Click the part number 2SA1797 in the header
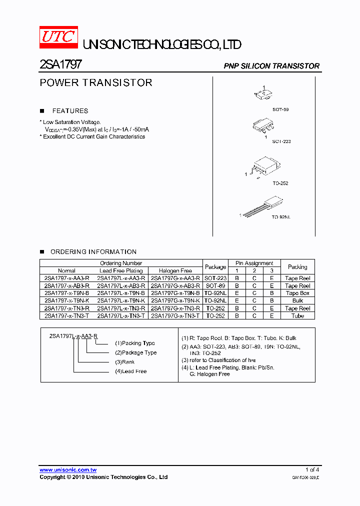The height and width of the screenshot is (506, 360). [x=60, y=64]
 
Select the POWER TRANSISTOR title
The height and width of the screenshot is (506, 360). [x=96, y=82]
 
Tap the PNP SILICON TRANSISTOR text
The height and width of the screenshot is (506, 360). [x=271, y=66]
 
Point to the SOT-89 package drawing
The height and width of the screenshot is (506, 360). [x=263, y=93]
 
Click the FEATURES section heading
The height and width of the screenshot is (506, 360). [x=70, y=111]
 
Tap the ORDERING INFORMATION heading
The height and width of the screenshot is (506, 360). [x=93, y=251]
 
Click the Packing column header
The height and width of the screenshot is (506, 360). [x=297, y=267]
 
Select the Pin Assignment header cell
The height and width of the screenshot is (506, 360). [x=254, y=263]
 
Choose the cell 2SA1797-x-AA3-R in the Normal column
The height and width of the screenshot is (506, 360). [x=67, y=278]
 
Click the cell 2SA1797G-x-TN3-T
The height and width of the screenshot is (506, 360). [x=175, y=316]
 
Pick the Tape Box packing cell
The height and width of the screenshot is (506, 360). [x=297, y=293]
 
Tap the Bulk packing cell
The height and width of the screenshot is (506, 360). [x=297, y=301]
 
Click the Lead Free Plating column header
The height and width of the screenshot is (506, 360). [x=121, y=270]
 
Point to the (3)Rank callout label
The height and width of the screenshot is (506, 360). [x=125, y=362]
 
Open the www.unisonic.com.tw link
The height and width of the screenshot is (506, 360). [x=68, y=470]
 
